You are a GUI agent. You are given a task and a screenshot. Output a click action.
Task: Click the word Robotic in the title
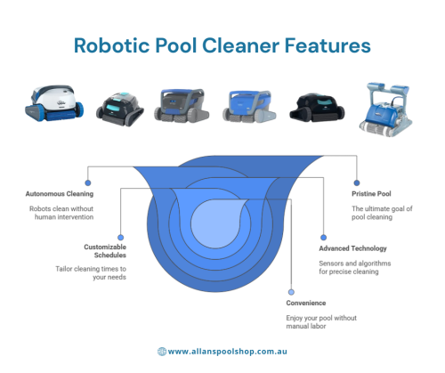(x=111, y=45)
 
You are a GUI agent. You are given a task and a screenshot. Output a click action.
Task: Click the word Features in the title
(x=328, y=45)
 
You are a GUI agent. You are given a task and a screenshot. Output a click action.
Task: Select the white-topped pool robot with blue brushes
(x=54, y=103)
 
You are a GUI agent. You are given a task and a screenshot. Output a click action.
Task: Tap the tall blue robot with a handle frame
(x=385, y=109)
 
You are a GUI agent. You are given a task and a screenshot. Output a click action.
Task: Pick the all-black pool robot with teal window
(x=317, y=107)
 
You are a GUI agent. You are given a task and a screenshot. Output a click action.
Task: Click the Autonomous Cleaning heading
(x=60, y=194)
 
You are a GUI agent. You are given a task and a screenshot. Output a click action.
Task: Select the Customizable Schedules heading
(x=105, y=251)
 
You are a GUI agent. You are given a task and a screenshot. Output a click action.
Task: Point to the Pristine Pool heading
(x=371, y=194)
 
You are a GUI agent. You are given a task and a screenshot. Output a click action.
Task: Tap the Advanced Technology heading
(x=352, y=248)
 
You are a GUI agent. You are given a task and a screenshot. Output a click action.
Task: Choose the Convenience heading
(x=306, y=303)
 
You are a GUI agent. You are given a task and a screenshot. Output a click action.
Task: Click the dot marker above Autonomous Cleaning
(x=88, y=182)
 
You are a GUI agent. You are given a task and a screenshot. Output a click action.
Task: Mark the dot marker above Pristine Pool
(x=357, y=182)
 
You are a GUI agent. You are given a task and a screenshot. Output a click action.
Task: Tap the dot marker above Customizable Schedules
(x=120, y=238)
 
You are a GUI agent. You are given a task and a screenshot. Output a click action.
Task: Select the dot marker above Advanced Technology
(x=323, y=238)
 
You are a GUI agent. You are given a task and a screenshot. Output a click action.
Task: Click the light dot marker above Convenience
(x=291, y=292)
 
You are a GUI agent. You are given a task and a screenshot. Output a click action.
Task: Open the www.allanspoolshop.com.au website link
(x=228, y=352)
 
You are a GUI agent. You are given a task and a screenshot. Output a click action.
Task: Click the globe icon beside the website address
(x=162, y=352)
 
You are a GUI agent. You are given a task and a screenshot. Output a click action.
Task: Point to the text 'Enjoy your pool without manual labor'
(x=321, y=322)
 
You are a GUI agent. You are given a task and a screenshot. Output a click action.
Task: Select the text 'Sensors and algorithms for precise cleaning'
(x=355, y=267)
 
